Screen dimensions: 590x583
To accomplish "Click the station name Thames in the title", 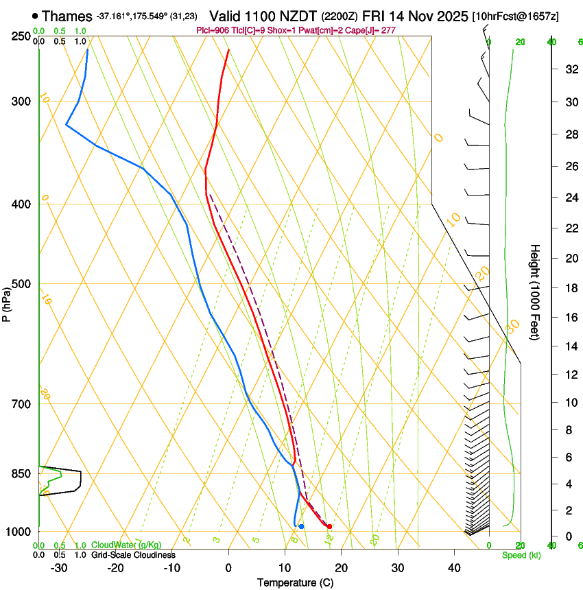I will pyautogui.click(x=67, y=15).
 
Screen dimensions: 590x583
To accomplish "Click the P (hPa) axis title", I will pyautogui.click(x=7, y=303).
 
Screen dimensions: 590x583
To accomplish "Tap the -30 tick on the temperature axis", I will pyautogui.click(x=59, y=568).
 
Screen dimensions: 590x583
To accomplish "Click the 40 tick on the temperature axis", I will pyautogui.click(x=454, y=568).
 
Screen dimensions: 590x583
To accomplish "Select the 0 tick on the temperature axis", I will pyautogui.click(x=228, y=568).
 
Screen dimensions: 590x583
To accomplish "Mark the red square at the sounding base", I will pyautogui.click(x=330, y=526).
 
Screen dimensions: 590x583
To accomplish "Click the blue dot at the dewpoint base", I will pyautogui.click(x=301, y=526).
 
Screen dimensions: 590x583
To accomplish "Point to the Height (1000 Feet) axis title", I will pyautogui.click(x=536, y=292).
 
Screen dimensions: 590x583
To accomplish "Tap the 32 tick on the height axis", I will pyautogui.click(x=569, y=69).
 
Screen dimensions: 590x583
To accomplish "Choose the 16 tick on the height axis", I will pyautogui.click(x=569, y=317).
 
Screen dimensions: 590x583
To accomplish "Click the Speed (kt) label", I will pyautogui.click(x=521, y=555).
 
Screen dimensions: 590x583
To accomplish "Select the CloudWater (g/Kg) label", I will pyautogui.click(x=126, y=545).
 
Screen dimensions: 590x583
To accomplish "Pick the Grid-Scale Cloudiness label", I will pyautogui.click(x=133, y=555).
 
